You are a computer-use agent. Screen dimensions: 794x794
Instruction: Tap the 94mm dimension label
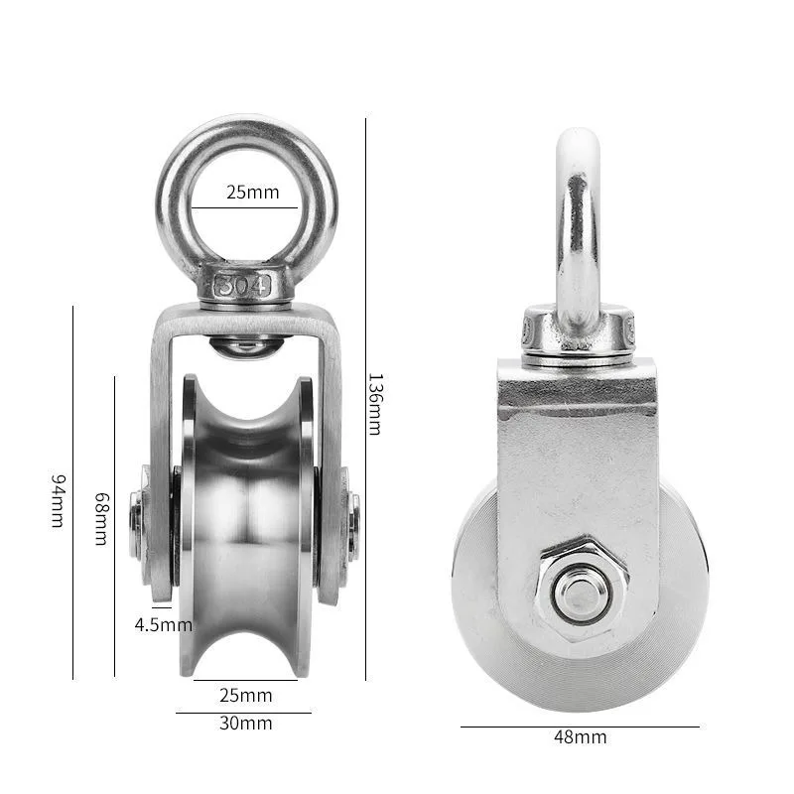pos(58,500)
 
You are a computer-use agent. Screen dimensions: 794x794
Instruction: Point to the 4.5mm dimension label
pos(164,624)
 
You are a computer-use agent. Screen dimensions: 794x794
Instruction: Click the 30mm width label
pos(246,723)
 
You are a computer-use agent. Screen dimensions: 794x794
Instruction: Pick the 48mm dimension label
pos(581,736)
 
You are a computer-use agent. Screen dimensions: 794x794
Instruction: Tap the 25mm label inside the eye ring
pos(252,192)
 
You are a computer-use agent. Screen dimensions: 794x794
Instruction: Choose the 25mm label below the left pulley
pos(246,695)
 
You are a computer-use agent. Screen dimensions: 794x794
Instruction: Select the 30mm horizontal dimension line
pos(244,712)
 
